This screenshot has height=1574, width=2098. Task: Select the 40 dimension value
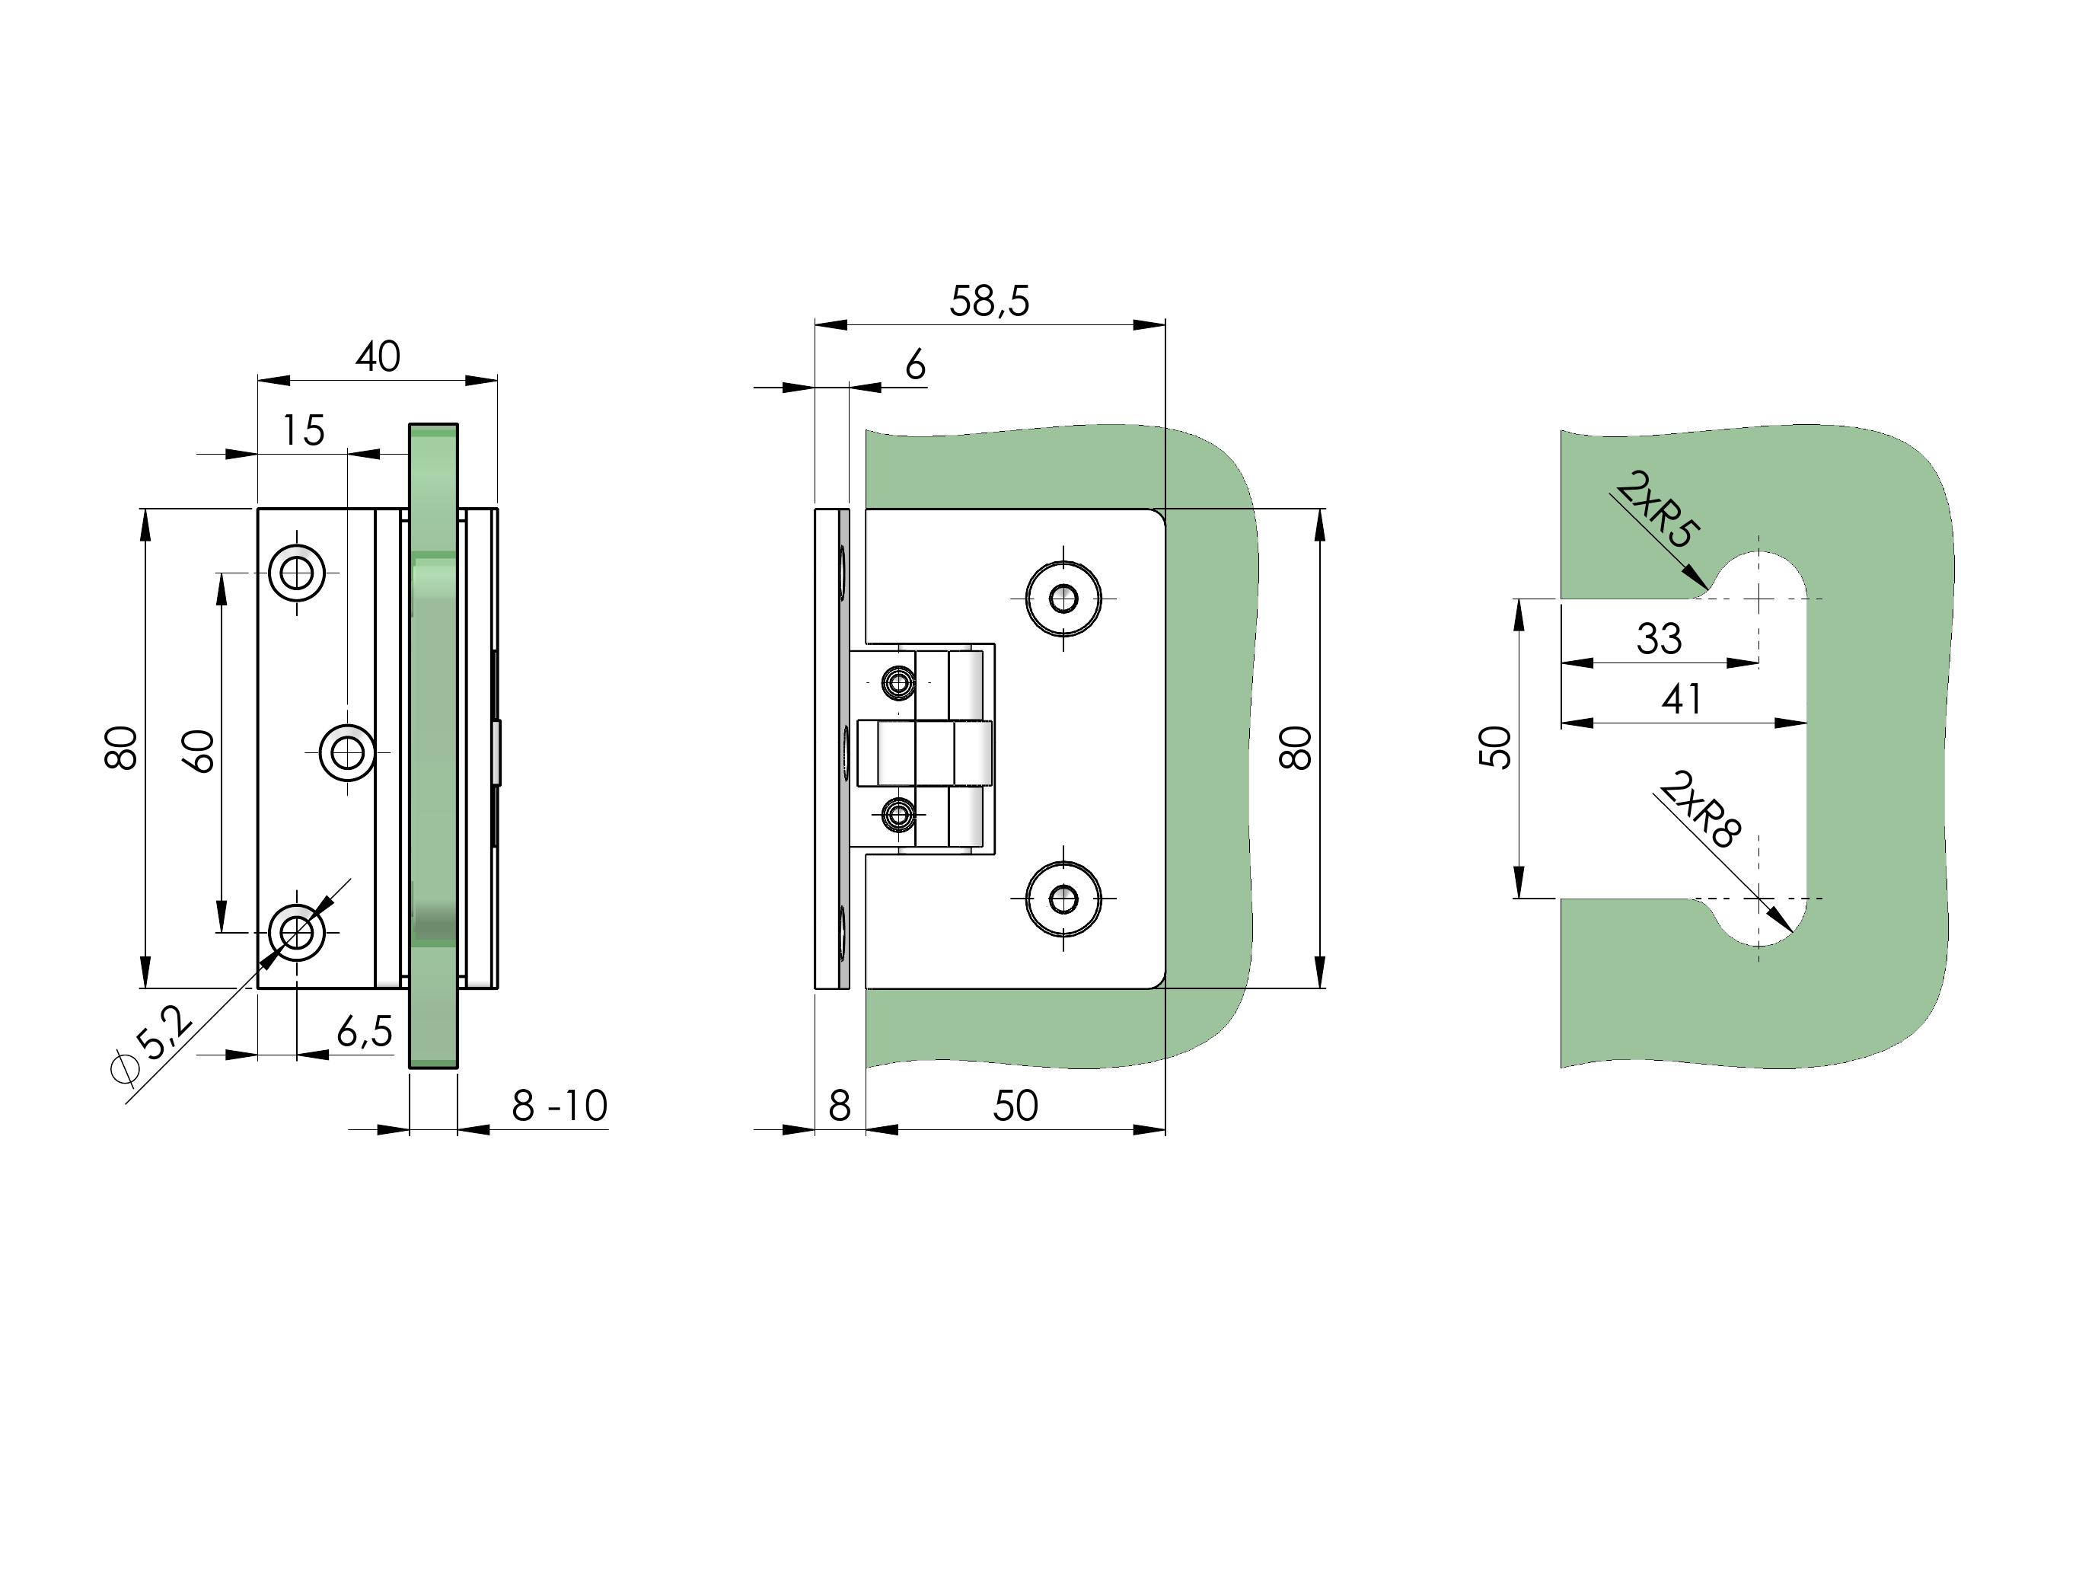click(x=378, y=356)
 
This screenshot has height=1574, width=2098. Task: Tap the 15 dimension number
click(x=304, y=431)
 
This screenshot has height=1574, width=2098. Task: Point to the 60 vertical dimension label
click(x=199, y=752)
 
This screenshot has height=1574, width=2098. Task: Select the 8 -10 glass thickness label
click(x=560, y=1106)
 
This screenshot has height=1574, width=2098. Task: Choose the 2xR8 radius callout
click(x=1700, y=809)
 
